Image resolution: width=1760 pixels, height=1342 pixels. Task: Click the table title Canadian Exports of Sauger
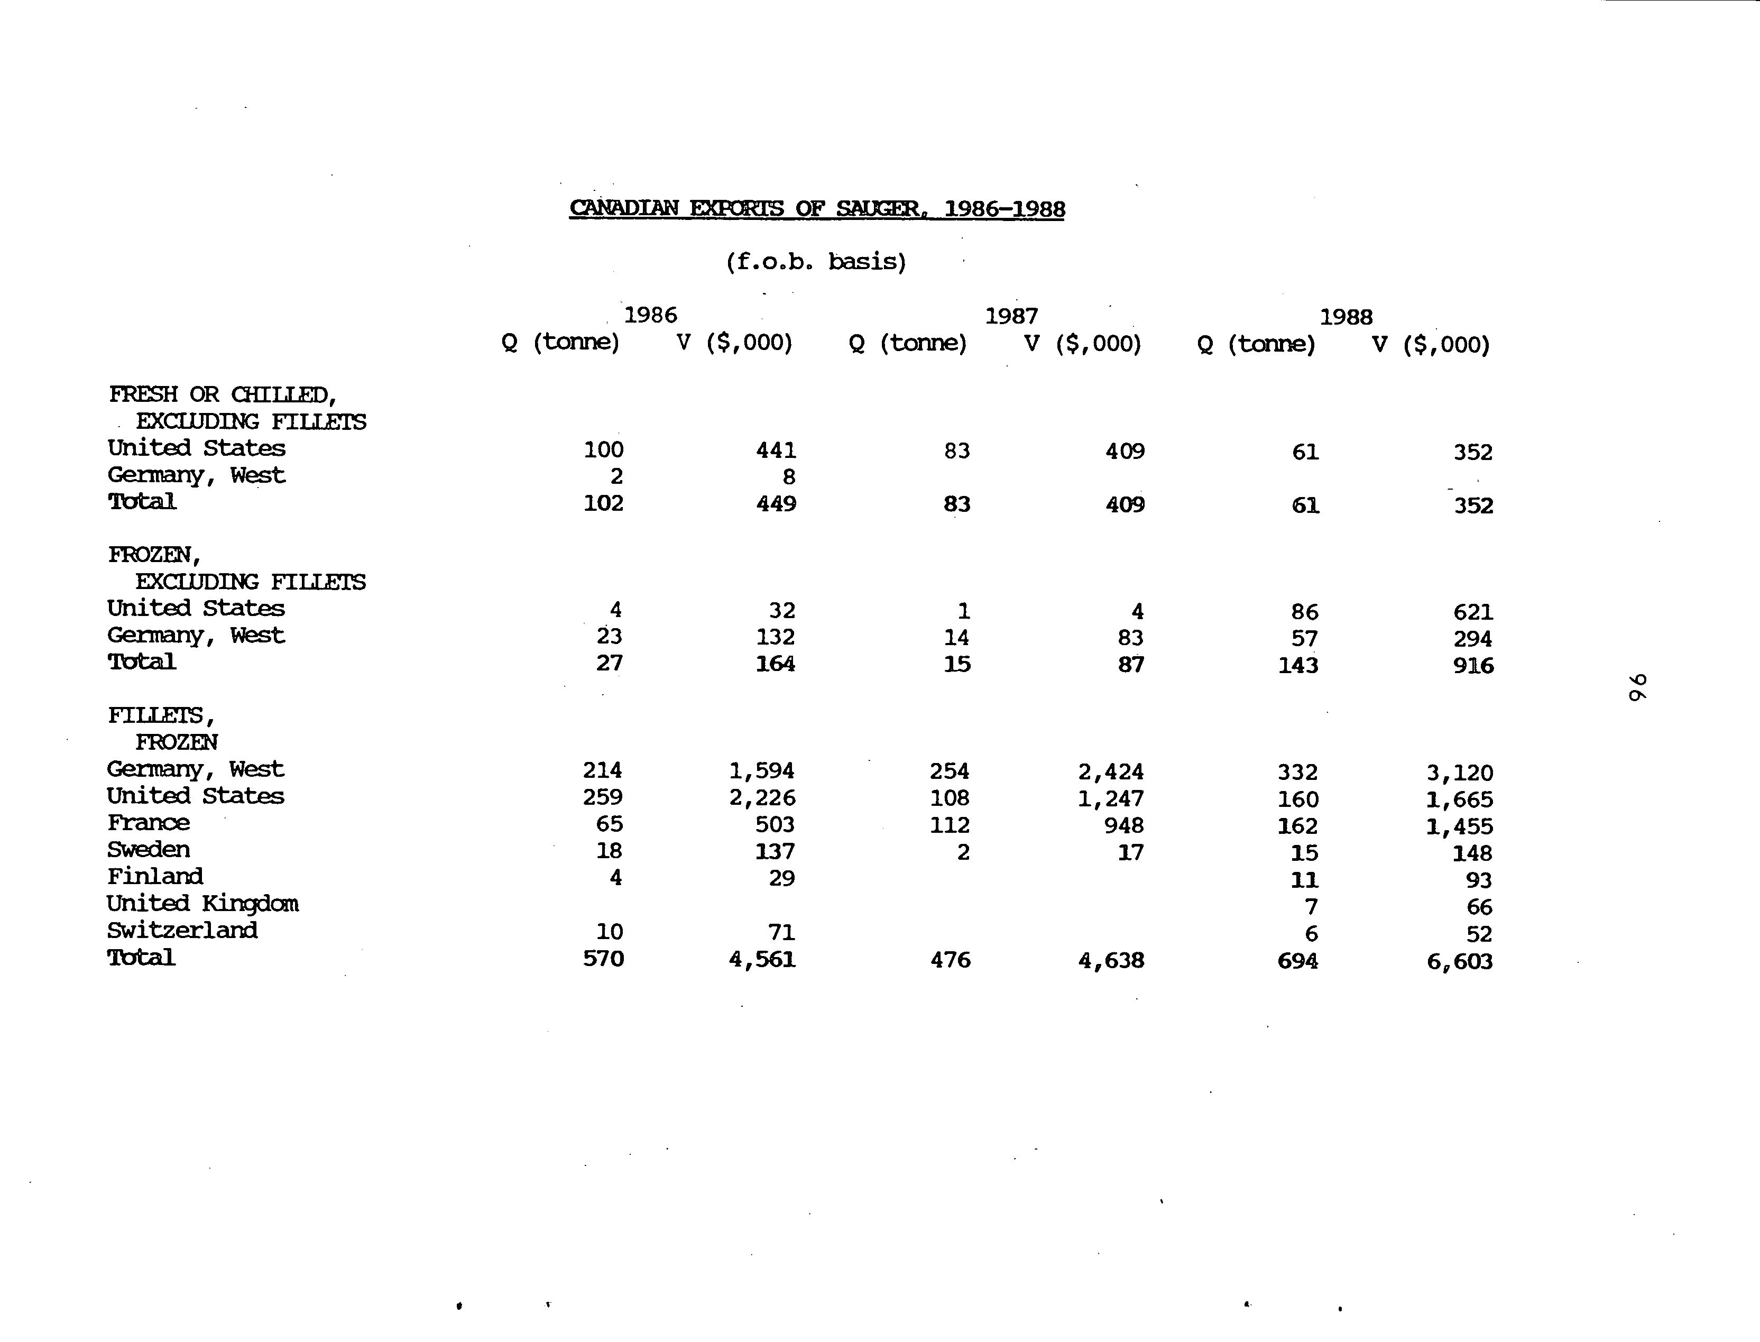pos(816,208)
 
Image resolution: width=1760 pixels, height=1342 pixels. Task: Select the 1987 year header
pos(1011,316)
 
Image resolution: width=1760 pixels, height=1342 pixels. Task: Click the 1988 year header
pos(1346,317)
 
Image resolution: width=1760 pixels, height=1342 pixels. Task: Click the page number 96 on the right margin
pos(1636,686)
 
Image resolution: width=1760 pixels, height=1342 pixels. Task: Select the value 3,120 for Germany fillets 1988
pos(1459,773)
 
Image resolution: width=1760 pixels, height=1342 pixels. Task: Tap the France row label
pos(149,823)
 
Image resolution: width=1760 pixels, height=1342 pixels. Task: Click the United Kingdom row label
pos(203,904)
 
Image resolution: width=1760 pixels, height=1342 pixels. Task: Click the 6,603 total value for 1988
pos(1459,961)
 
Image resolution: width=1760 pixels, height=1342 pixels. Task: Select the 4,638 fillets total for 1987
pos(1111,960)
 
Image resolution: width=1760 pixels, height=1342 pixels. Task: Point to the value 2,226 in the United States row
pos(762,797)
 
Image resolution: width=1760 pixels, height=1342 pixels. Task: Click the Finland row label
pos(155,876)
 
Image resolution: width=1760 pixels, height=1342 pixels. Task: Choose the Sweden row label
pos(149,849)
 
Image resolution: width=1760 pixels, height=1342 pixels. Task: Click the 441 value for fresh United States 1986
pos(776,451)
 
